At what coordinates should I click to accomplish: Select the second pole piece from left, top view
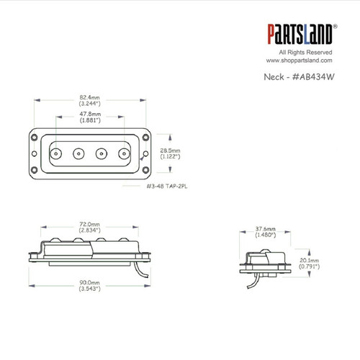click(78, 152)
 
